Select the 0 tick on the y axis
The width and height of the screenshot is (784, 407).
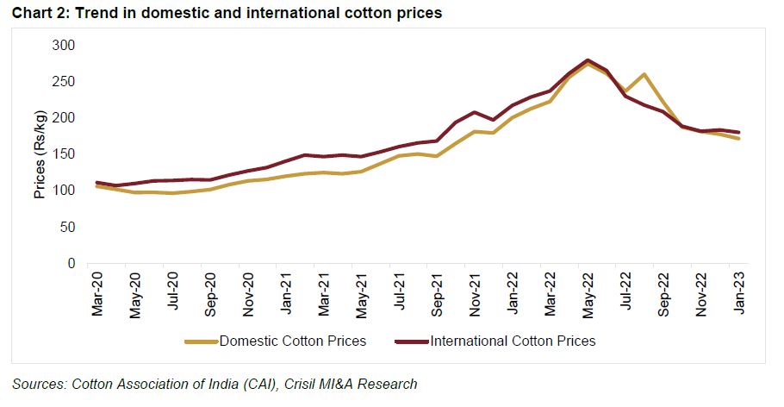coord(71,263)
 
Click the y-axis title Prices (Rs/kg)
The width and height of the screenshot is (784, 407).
coord(39,154)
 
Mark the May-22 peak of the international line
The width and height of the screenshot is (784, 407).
coord(588,60)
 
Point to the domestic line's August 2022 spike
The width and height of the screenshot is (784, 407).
coord(644,74)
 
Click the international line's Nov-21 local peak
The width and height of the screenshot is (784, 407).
coord(475,112)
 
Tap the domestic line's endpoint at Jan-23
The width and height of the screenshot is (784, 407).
coord(738,138)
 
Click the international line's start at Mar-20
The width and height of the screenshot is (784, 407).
coord(97,183)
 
